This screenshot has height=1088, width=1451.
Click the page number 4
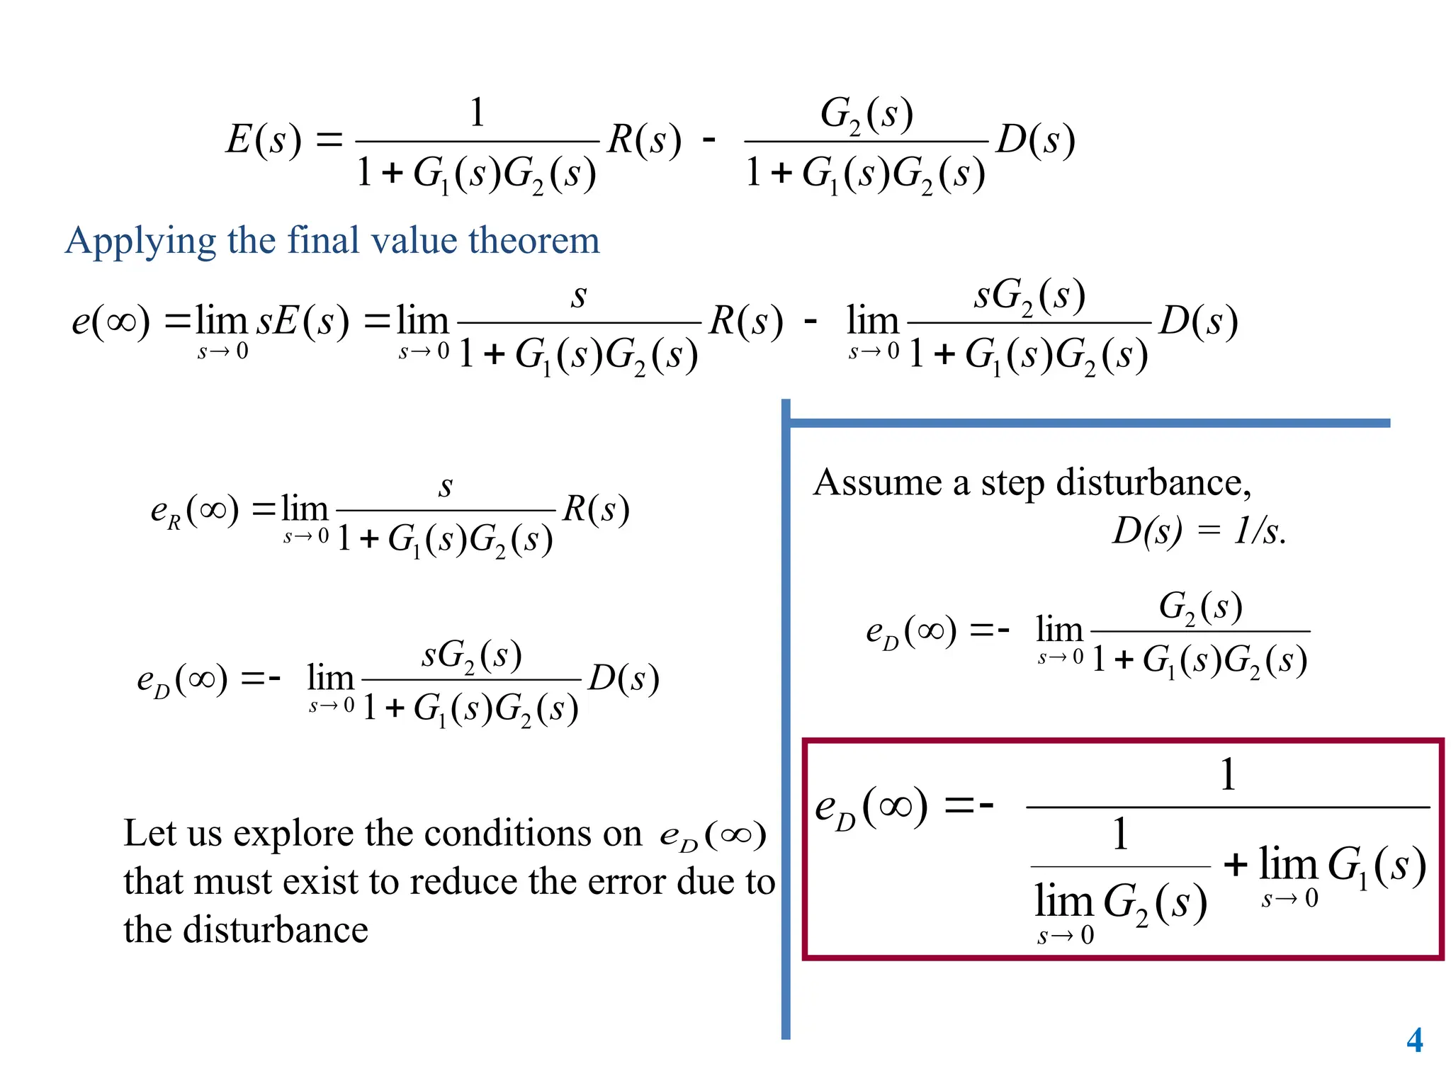click(1414, 1041)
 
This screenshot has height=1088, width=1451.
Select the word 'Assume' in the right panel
click(877, 483)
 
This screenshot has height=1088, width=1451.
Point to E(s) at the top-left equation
click(263, 140)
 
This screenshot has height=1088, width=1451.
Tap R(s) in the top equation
click(644, 140)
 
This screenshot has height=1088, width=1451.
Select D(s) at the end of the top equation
click(1035, 140)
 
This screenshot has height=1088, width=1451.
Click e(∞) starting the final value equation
click(111, 321)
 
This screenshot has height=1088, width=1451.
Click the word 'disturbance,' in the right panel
click(1153, 483)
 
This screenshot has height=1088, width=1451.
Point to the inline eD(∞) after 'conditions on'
click(712, 836)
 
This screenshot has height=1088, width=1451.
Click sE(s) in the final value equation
click(303, 321)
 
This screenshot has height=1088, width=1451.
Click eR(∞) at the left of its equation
click(195, 510)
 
